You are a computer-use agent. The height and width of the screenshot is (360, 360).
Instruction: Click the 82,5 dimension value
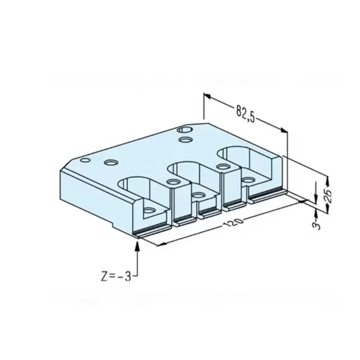pyautogui.click(x=245, y=113)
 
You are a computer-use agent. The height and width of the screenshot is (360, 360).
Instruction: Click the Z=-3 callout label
pyautogui.click(x=116, y=276)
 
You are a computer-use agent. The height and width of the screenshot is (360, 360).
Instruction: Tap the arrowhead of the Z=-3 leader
pyautogui.click(x=137, y=243)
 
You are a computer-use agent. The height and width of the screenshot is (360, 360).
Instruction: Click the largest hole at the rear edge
pyautogui.click(x=184, y=130)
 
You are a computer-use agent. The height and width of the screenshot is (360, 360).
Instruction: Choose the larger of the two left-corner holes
pyautogui.click(x=110, y=162)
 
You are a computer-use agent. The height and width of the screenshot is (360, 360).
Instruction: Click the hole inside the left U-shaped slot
pyautogui.click(x=148, y=210)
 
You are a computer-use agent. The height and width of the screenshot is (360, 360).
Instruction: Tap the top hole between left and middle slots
pyautogui.click(x=173, y=182)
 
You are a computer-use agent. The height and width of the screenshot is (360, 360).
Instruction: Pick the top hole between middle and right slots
pyautogui.click(x=222, y=167)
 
